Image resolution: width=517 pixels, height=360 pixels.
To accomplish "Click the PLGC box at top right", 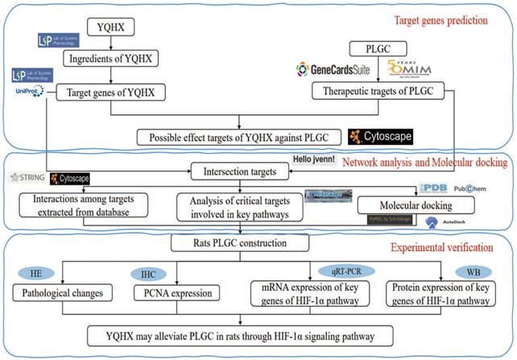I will (x=376, y=48).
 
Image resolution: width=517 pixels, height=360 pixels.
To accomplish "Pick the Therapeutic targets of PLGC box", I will (x=377, y=92).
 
